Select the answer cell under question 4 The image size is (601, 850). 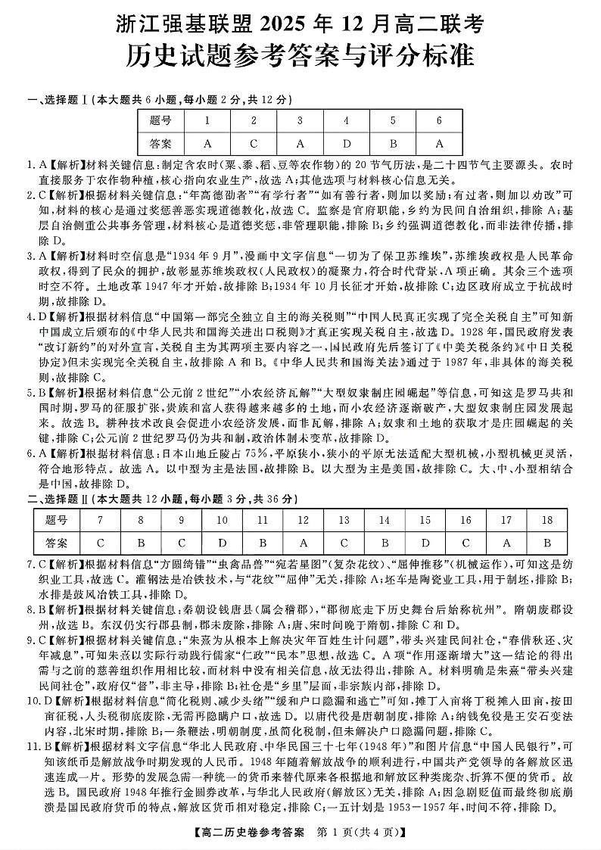pos(346,143)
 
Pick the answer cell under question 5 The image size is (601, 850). pos(392,143)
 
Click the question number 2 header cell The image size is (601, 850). pos(254,120)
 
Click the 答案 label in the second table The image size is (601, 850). pos(56,543)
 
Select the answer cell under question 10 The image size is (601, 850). pos(222,543)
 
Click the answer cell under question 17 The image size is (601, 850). pos(506,543)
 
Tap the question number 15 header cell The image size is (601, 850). pos(425,520)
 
